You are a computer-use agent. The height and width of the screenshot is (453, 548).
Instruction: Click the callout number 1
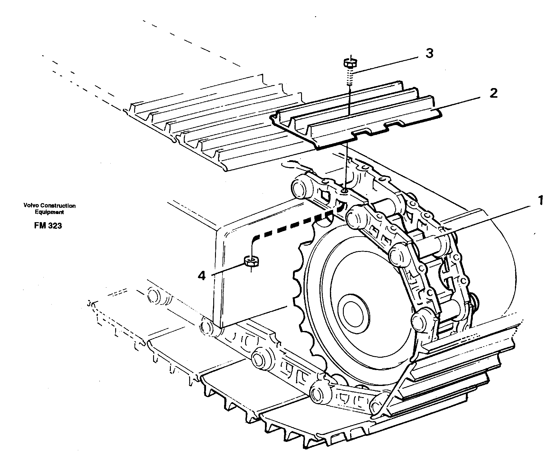click(x=540, y=200)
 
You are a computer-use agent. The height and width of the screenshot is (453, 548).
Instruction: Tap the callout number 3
click(x=429, y=54)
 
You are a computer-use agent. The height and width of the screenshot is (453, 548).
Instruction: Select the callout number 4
click(x=201, y=275)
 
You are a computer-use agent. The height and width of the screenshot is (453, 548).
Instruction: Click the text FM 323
click(x=48, y=226)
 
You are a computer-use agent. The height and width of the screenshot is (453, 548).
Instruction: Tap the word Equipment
click(x=49, y=212)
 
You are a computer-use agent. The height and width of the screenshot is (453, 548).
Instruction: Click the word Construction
click(x=58, y=206)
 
